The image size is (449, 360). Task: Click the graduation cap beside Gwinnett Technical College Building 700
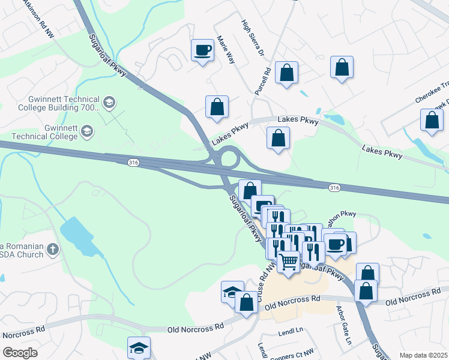[x=109, y=103]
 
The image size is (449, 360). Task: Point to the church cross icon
[x=53, y=249]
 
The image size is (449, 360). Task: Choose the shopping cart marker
[x=289, y=262]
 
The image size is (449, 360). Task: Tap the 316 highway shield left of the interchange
[x=133, y=162]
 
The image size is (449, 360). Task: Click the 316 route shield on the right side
[x=334, y=188]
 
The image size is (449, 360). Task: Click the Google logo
[x=20, y=353]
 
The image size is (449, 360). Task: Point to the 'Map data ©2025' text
[x=423, y=355]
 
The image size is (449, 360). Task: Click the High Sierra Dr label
[x=252, y=38]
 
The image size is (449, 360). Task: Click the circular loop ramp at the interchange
[x=229, y=159]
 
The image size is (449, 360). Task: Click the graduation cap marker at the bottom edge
[x=139, y=347]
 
